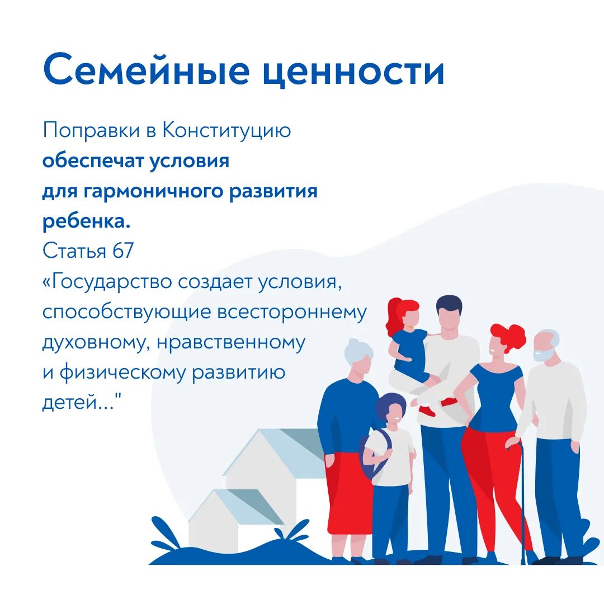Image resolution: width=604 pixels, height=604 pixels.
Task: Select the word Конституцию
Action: point(227,131)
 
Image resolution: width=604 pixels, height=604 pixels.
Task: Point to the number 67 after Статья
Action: point(123,252)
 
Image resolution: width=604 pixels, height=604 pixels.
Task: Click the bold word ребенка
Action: point(86,222)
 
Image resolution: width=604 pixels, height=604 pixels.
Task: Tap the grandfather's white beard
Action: point(542,355)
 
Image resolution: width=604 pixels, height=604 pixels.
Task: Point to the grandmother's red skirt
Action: point(348,492)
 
